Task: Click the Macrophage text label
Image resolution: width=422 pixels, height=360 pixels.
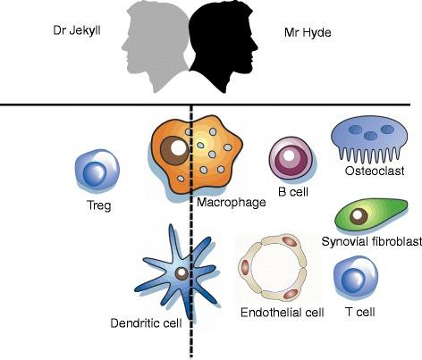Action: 232,203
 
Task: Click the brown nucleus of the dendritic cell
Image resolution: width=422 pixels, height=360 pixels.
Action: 181,274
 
